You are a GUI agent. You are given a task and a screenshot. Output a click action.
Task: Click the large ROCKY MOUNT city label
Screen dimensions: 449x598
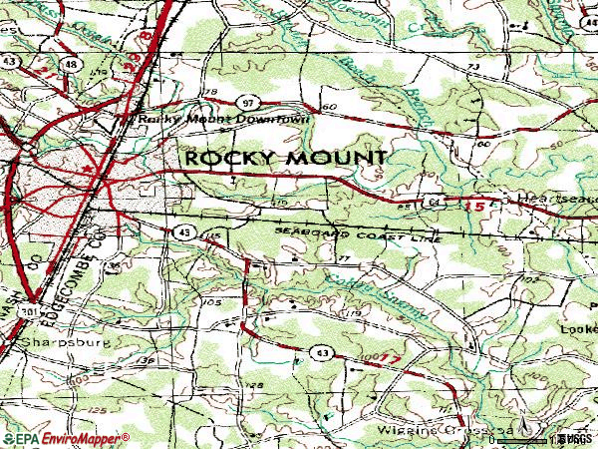click(283, 159)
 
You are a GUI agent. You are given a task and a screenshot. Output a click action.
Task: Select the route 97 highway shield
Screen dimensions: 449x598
click(247, 103)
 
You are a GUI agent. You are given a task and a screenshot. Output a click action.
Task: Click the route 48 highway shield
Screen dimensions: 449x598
click(72, 65)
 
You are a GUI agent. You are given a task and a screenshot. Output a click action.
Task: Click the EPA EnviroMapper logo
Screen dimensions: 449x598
click(65, 439)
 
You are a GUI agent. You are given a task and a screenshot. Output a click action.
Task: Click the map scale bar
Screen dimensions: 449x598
click(528, 438)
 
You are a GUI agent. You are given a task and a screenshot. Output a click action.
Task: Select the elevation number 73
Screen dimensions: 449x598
click(471, 66)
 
